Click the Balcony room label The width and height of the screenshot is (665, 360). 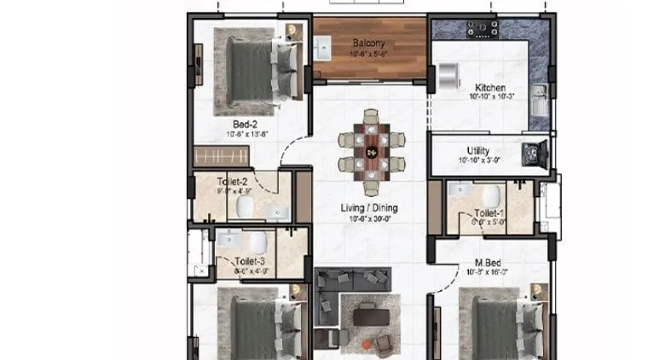pos(369,43)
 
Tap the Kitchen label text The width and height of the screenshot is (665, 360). pos(490,88)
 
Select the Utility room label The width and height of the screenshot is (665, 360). pos(477,151)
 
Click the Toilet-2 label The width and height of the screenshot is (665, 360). pos(232,182)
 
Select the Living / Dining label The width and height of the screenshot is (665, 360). pos(369,207)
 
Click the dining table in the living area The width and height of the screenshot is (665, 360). pos(371,152)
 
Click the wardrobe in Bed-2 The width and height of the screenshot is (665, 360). pos(222,156)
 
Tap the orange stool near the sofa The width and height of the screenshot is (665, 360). pos(367,344)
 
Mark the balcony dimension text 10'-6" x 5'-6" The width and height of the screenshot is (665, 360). pos(369,53)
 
